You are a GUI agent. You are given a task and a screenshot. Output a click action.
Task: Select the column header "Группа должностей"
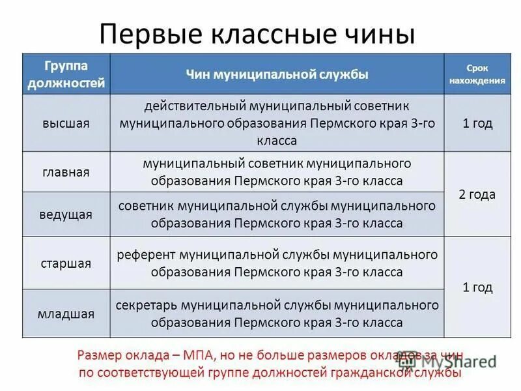[x=66, y=74]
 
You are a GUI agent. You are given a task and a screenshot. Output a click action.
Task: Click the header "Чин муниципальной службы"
[x=277, y=75]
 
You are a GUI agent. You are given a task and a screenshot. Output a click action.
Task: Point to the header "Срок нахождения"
[x=477, y=74]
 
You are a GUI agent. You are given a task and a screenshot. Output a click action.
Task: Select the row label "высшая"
[x=66, y=123]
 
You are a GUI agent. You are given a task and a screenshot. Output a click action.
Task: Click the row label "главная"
[x=66, y=172]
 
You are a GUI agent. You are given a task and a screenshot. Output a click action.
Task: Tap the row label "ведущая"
[x=66, y=214]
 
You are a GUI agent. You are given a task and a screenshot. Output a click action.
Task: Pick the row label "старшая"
[x=66, y=263]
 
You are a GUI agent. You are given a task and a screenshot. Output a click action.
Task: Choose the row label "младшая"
[x=66, y=313]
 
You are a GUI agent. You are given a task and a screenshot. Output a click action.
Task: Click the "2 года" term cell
[x=477, y=194]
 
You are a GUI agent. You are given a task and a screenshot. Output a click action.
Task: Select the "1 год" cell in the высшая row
[x=477, y=123]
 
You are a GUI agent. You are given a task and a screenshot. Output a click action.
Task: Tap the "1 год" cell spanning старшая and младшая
[x=477, y=287]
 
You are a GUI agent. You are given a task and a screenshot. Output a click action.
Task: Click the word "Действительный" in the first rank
[x=188, y=105]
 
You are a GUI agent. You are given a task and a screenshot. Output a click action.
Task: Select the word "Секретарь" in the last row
[x=147, y=304]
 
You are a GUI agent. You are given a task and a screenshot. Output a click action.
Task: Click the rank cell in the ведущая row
[x=277, y=214]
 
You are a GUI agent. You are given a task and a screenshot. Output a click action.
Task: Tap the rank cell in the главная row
[x=277, y=172]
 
